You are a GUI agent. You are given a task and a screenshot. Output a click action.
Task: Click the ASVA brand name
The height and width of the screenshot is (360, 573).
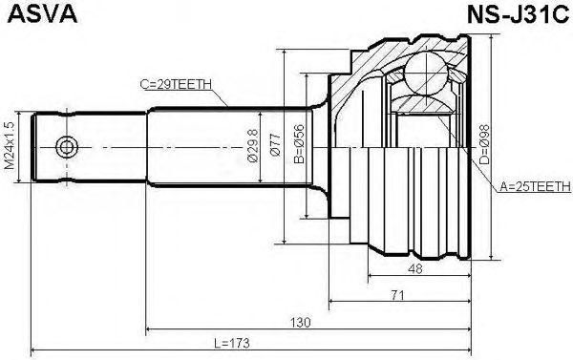pos(42,14)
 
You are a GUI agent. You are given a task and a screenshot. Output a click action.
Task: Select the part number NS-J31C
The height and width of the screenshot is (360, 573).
pos(518,14)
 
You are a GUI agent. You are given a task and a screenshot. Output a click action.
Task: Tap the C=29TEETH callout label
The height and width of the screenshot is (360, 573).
pos(176,84)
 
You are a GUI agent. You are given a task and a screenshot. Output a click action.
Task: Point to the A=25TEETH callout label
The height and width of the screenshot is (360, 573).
pos(535,187)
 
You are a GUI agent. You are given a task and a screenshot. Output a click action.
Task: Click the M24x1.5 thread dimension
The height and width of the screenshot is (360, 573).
pos(11,146)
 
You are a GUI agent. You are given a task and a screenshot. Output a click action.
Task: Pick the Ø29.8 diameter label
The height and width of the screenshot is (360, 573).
pos(252,145)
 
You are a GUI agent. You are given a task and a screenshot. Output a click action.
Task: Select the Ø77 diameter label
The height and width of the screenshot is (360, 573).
pos(275,145)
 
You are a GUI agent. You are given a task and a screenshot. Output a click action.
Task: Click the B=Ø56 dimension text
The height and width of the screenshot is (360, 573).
pos(299,143)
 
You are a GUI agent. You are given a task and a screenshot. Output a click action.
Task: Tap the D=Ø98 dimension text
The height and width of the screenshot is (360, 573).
pos(484,144)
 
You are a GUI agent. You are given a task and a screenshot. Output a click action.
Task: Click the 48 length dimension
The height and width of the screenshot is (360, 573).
pos(415,268)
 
